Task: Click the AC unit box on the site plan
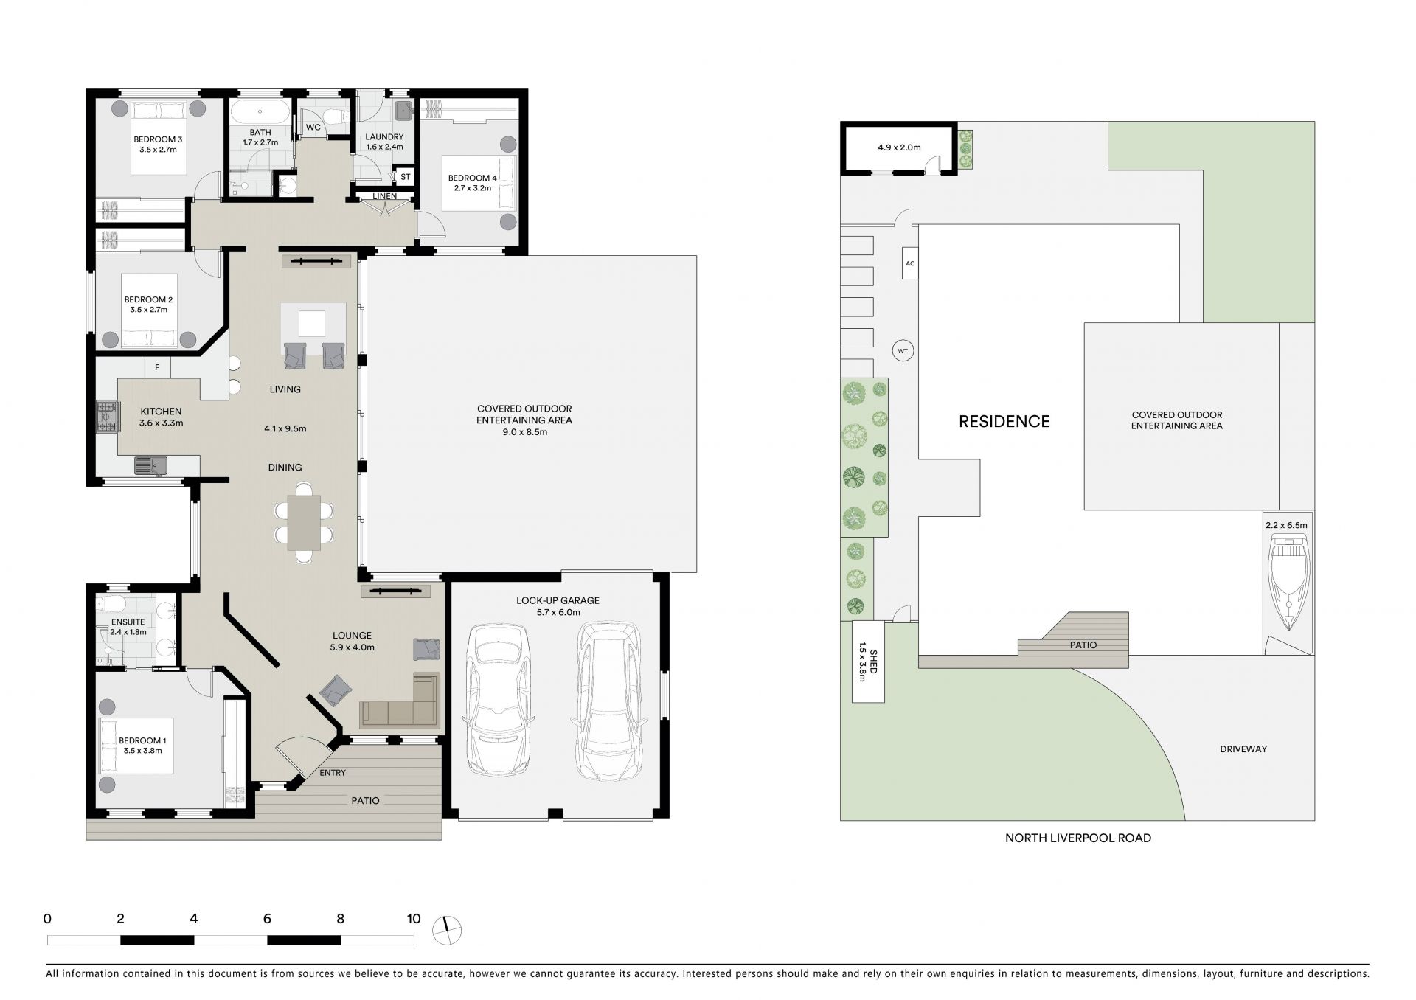[x=910, y=263]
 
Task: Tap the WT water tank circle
[x=903, y=351]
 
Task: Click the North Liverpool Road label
[x=1077, y=838]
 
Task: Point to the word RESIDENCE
[x=1004, y=421]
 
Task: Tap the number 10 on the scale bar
[x=414, y=919]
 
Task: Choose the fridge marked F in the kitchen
[x=157, y=367]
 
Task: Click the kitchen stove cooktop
[x=106, y=417]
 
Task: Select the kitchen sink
[x=150, y=465]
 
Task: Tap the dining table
[x=304, y=522]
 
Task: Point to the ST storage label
[x=405, y=177]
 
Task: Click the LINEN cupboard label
[x=384, y=196]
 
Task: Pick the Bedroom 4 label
[x=472, y=178]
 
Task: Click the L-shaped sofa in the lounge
[x=400, y=700]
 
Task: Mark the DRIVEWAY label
[x=1243, y=749]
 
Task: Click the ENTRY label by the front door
[x=333, y=773]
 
